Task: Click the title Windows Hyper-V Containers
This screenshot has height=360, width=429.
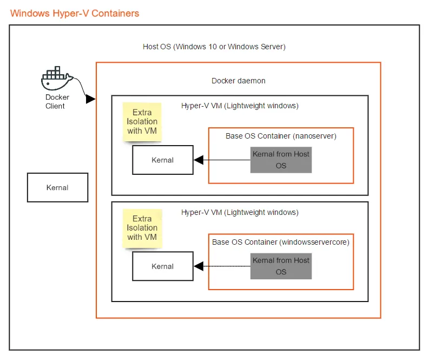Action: [75, 13]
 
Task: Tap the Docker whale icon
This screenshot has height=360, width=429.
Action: [56, 80]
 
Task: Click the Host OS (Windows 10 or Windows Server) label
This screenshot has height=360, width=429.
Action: [214, 47]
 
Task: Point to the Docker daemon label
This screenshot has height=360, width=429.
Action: [238, 81]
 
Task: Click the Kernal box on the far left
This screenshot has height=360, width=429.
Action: [57, 187]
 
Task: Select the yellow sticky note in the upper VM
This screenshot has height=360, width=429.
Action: [142, 122]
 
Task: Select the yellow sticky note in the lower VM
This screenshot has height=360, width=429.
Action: [142, 228]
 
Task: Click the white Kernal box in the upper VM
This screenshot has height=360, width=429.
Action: [162, 160]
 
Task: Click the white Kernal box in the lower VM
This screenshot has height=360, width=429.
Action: [162, 266]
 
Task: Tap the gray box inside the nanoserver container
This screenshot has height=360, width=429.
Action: [281, 160]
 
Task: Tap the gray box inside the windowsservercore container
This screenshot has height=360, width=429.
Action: [281, 266]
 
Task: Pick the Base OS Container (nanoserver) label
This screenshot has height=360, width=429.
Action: [281, 136]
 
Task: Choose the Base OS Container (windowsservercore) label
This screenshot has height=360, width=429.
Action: [281, 242]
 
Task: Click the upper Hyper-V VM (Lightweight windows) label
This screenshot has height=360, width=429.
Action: [240, 106]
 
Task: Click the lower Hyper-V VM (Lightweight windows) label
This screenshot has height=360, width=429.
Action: [240, 212]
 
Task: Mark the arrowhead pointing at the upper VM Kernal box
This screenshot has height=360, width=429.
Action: [198, 160]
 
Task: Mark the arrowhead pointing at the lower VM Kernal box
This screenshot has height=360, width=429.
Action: [198, 266]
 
